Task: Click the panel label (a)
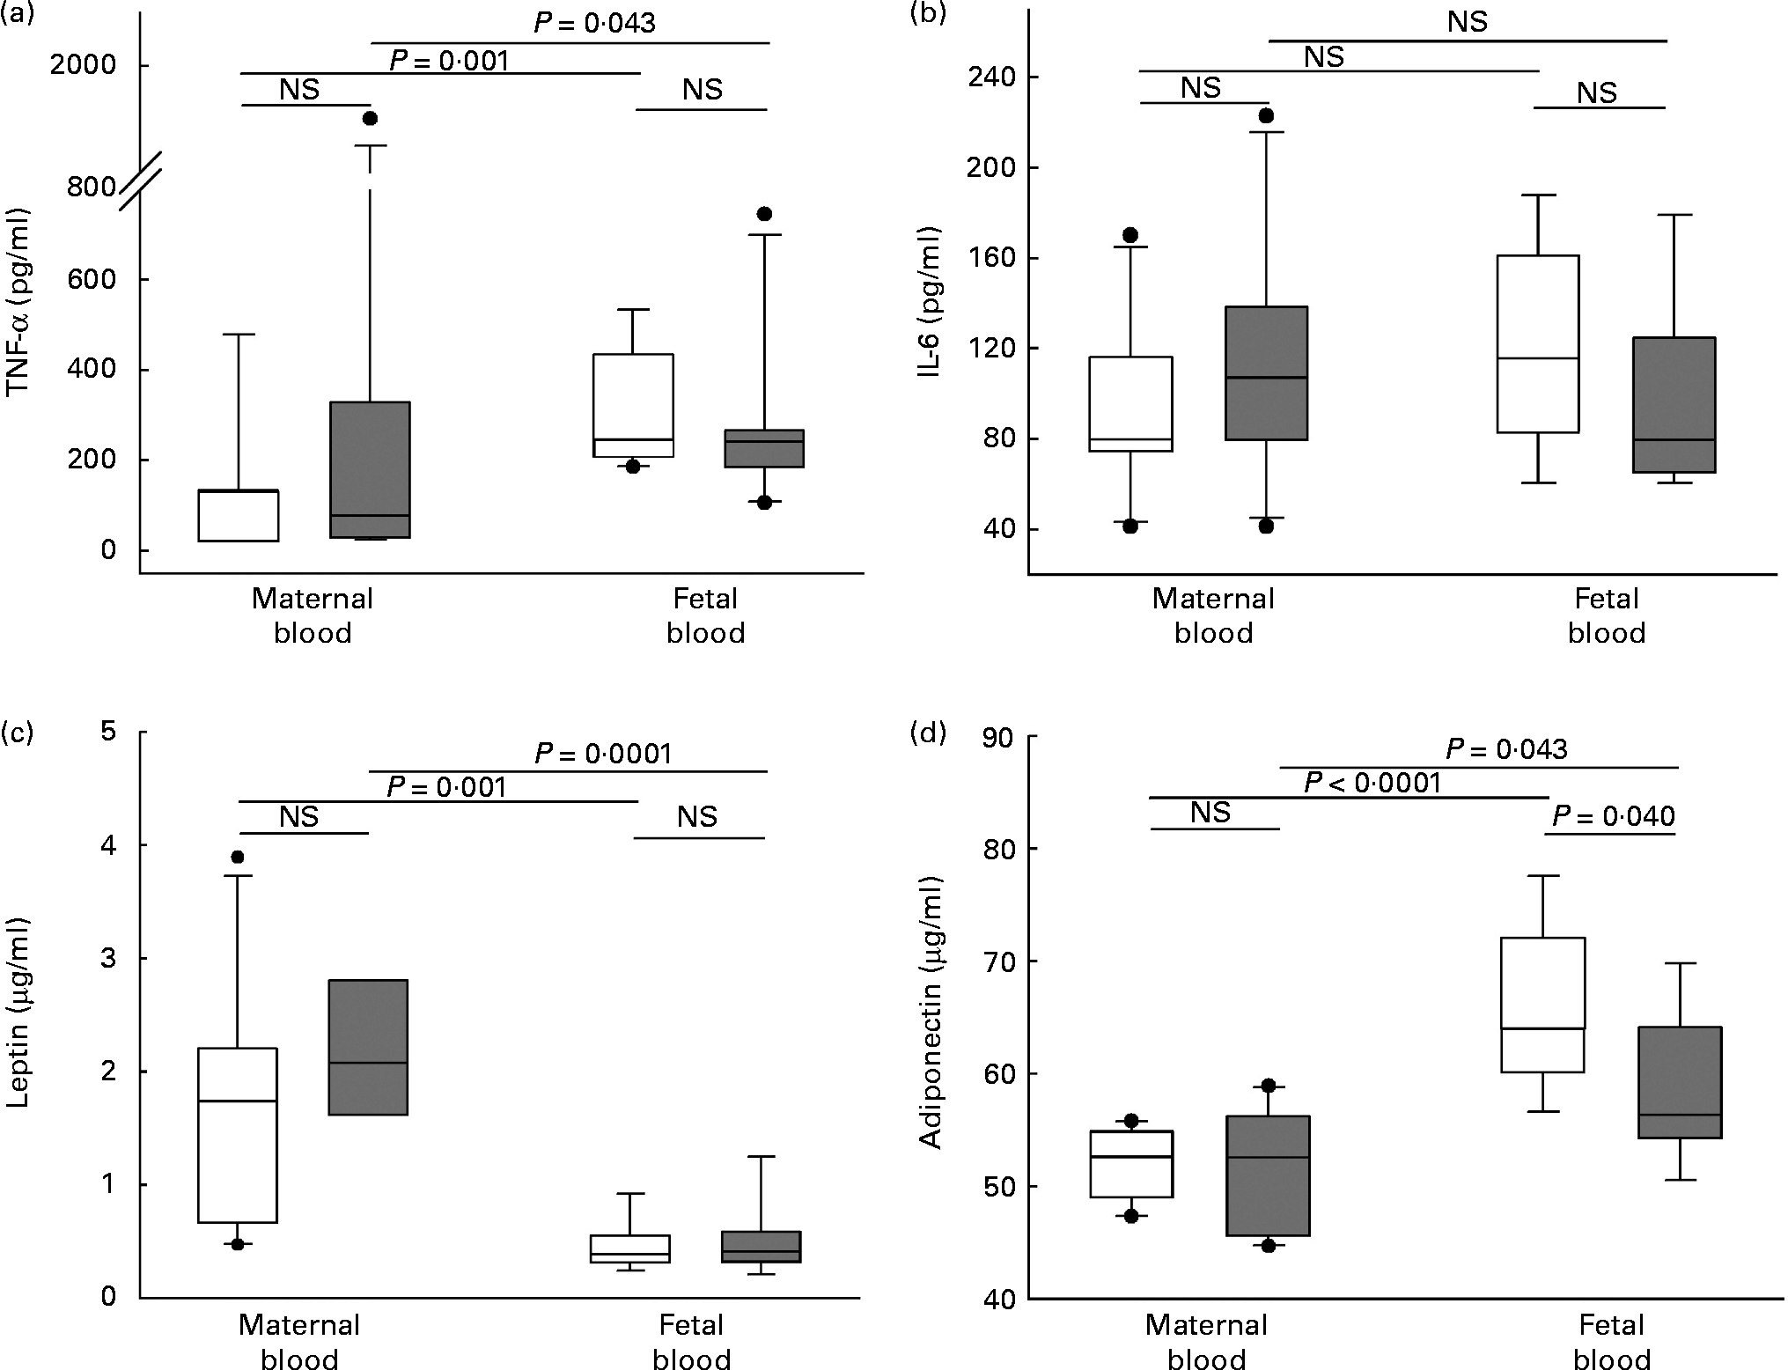pyautogui.click(x=18, y=15)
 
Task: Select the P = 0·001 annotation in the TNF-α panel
pyautogui.click(x=449, y=60)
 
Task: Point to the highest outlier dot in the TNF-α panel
pyautogui.click(x=370, y=118)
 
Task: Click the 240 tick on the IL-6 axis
pyautogui.click(x=990, y=77)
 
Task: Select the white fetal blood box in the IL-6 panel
pyautogui.click(x=1538, y=343)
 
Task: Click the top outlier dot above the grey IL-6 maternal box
pyautogui.click(x=1266, y=115)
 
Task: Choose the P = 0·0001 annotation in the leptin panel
pyautogui.click(x=603, y=754)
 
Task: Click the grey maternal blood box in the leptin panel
pyautogui.click(x=368, y=1047)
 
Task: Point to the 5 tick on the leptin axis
pyautogui.click(x=108, y=732)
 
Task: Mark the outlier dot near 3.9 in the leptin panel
pyautogui.click(x=237, y=857)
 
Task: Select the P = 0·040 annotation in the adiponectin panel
pyautogui.click(x=1613, y=816)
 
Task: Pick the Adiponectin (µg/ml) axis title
pyautogui.click(x=930, y=1012)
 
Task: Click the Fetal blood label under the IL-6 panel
pyautogui.click(x=1607, y=615)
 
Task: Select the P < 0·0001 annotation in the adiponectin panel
pyautogui.click(x=1372, y=782)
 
